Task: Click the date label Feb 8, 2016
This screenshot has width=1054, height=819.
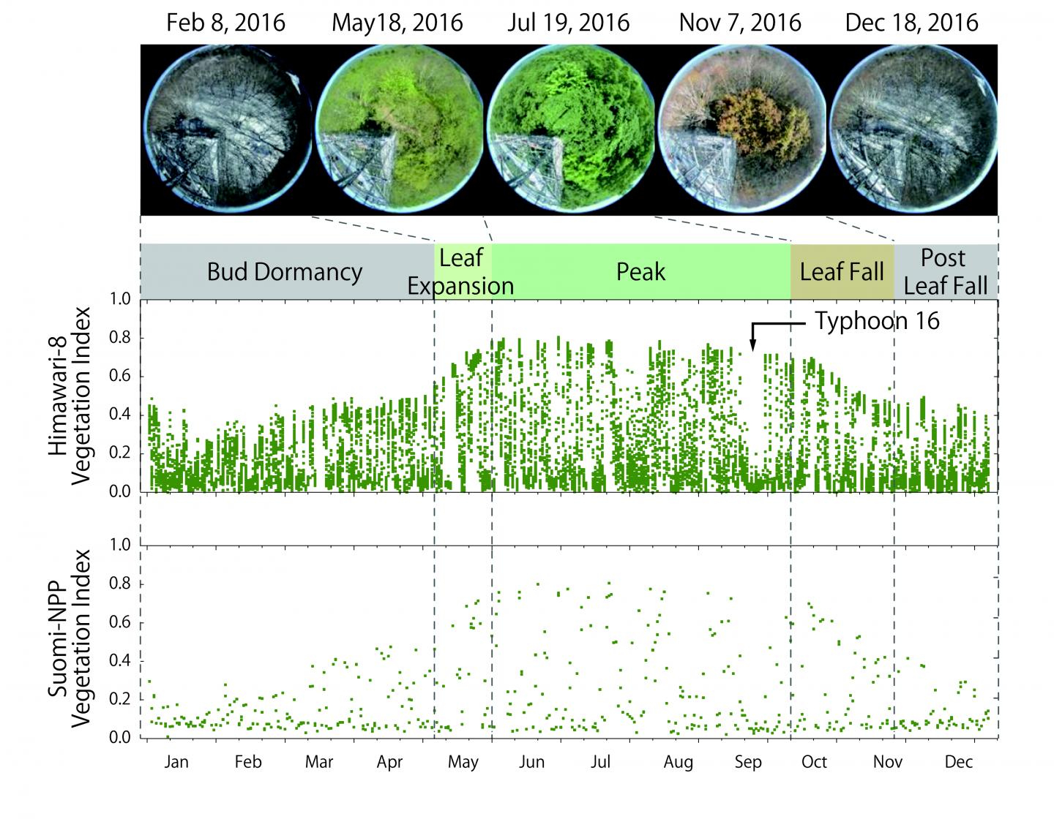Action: pos(225,22)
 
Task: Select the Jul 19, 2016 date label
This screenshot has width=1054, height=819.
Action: pos(568,22)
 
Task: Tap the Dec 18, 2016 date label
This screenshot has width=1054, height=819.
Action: pos(911,22)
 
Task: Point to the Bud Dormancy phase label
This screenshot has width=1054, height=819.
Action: pos(285,272)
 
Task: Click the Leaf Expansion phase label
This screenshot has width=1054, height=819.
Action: pos(461,271)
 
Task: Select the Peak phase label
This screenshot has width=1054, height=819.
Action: pos(640,272)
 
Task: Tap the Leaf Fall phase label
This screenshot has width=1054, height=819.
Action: pos(842,272)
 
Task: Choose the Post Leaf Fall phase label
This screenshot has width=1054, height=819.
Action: pos(945,271)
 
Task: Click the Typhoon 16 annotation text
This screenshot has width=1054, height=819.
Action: pos(877,321)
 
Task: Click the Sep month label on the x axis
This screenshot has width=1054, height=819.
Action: pos(747,762)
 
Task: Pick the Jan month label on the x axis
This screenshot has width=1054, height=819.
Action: pos(176,762)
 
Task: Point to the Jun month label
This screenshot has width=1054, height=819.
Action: pos(531,762)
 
